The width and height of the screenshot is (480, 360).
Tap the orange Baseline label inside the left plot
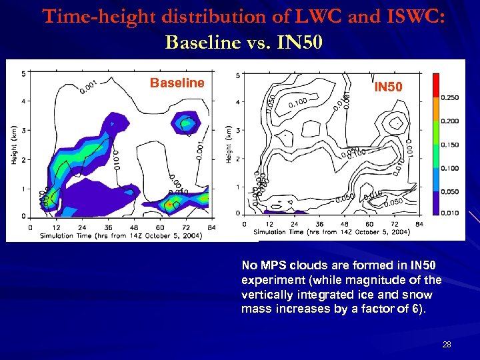[x=177, y=83]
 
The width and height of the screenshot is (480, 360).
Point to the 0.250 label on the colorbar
[x=450, y=98]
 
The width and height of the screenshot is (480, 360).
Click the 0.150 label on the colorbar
[x=450, y=144]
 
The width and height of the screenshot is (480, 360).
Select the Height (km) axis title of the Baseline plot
[x=13, y=145]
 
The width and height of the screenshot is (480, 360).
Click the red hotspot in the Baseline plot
[x=170, y=203]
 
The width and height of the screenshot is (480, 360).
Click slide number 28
[x=446, y=344]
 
